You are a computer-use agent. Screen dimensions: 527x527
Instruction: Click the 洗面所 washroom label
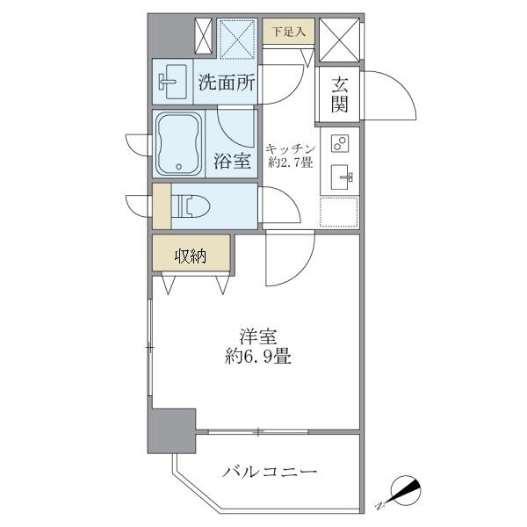[227, 83]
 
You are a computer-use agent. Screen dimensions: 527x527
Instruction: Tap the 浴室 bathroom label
[233, 162]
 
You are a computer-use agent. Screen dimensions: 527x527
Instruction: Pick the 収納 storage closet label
[191, 256]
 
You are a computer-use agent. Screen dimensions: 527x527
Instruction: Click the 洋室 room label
[257, 336]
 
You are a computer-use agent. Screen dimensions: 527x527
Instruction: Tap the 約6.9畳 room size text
[257, 357]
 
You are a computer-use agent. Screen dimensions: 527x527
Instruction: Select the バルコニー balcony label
[270, 473]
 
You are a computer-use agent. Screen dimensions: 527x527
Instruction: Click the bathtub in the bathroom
[181, 144]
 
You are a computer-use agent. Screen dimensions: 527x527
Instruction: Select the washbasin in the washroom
[170, 83]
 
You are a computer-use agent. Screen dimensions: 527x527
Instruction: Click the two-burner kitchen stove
[339, 143]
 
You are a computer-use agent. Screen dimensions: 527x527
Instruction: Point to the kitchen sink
[340, 179]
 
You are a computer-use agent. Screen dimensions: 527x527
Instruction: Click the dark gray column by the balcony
[170, 430]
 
